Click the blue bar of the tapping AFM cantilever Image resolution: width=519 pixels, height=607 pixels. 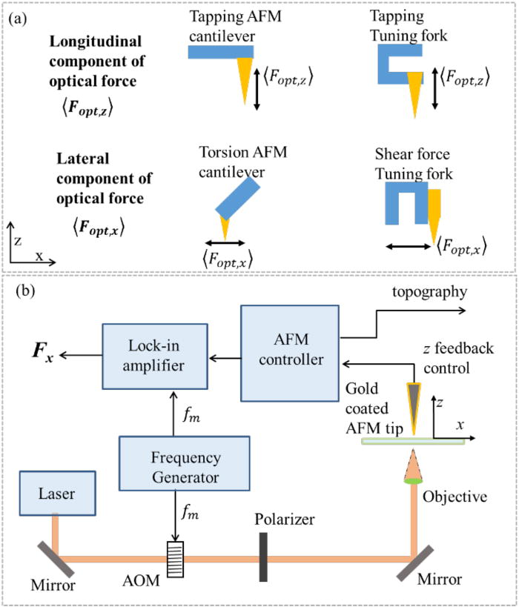[x=220, y=51]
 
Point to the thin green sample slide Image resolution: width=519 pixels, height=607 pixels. [x=413, y=441]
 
